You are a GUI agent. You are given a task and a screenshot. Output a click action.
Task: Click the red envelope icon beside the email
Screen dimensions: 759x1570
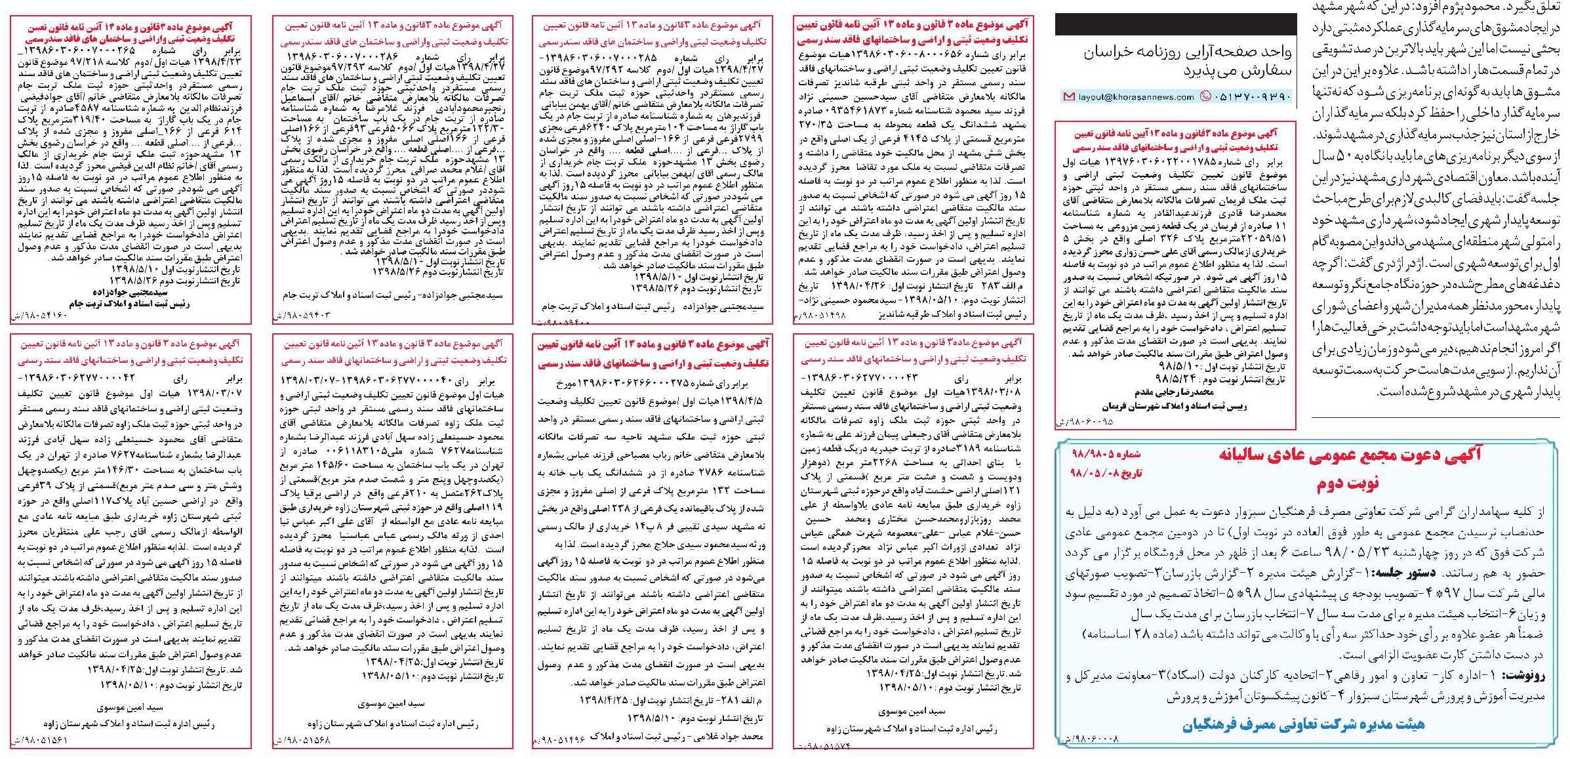(x=1068, y=97)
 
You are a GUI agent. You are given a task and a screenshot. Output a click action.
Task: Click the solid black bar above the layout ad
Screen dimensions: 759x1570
(x=1175, y=25)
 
